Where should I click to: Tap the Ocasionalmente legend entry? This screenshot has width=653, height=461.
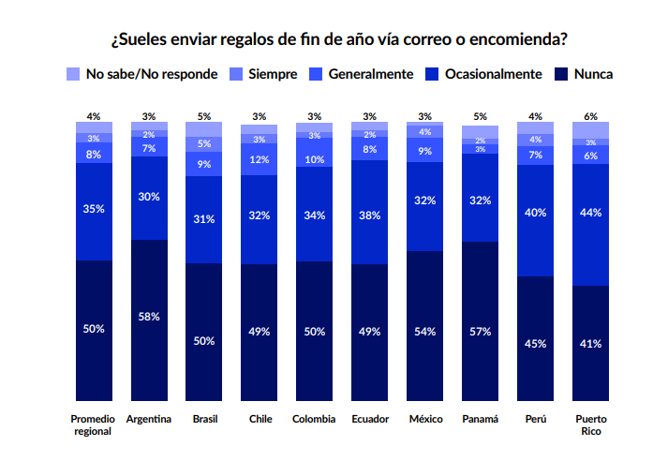[x=483, y=73]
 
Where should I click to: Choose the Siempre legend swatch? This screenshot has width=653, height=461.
[x=236, y=73]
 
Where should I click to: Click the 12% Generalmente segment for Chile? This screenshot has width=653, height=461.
[x=260, y=160]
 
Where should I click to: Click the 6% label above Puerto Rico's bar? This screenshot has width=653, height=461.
[x=590, y=116]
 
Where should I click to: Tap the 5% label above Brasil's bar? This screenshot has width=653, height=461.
[x=204, y=116]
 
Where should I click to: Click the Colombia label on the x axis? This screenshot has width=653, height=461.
[x=314, y=419]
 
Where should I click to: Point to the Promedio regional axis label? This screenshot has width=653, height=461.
[x=93, y=424]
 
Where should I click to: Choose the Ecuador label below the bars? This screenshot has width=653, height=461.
[x=369, y=419]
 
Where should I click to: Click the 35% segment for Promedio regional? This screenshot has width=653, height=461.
[x=94, y=211]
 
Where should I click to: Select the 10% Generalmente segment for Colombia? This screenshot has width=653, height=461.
[x=315, y=158]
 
